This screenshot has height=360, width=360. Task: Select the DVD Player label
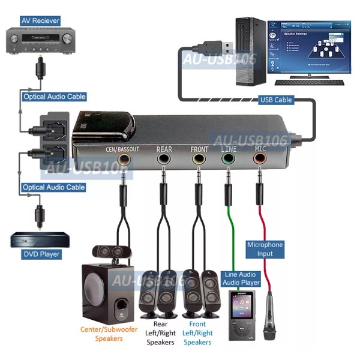(x=41, y=254)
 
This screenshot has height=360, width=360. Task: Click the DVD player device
(x=41, y=240)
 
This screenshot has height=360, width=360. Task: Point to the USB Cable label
(x=275, y=100)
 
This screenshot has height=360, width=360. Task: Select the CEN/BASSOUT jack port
(x=125, y=160)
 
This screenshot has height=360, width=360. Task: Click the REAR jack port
(x=163, y=160)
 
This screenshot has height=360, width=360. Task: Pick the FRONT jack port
(x=199, y=160)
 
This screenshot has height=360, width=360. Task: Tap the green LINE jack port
(x=228, y=160)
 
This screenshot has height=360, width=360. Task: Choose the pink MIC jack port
(x=260, y=160)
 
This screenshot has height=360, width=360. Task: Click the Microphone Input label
(x=265, y=249)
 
